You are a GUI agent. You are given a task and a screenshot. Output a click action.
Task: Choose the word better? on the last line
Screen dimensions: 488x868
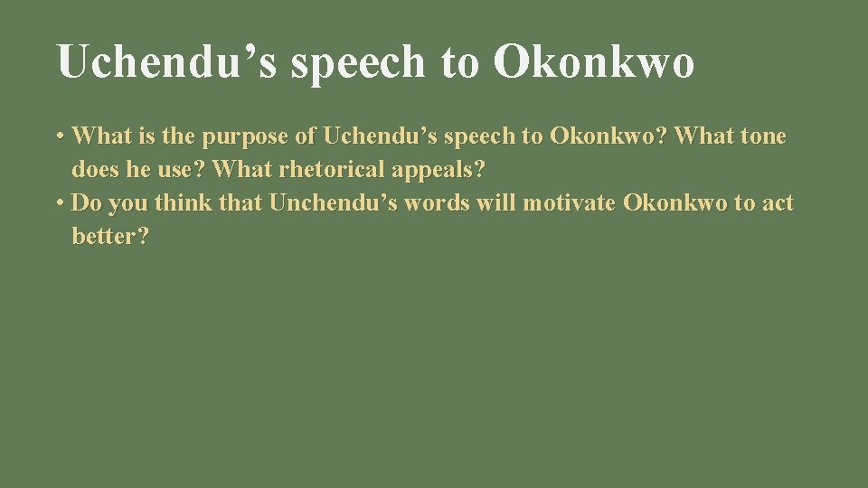[x=110, y=237]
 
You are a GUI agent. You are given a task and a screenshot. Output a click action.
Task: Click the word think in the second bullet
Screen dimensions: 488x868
[x=184, y=203]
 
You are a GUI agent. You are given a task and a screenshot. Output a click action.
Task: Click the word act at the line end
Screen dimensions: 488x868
[x=778, y=203]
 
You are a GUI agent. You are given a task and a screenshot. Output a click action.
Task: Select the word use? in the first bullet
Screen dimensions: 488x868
[x=179, y=170]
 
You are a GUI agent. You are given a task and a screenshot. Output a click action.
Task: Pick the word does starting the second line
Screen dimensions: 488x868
[x=92, y=170]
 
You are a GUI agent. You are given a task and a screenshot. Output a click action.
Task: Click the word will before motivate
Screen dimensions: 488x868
[x=500, y=203]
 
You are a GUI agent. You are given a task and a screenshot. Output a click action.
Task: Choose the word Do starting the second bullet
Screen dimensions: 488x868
[x=85, y=203]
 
